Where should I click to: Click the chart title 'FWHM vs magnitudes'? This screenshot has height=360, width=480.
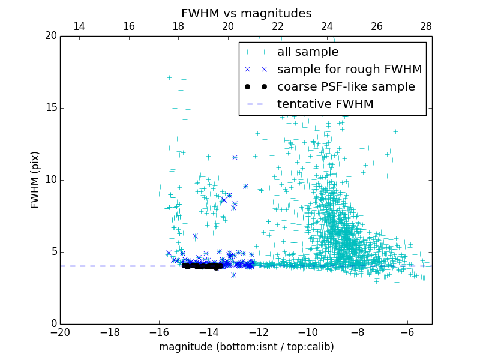(x=246, y=13)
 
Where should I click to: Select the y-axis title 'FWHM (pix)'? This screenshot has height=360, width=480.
(x=35, y=180)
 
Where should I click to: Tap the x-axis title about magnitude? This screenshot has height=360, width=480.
(x=246, y=347)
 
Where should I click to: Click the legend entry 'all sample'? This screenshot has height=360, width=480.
(x=308, y=52)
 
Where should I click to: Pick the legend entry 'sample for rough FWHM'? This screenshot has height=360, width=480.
(x=349, y=70)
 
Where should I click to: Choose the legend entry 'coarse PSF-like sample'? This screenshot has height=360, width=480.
(x=346, y=87)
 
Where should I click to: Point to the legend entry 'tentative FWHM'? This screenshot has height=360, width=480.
(x=325, y=104)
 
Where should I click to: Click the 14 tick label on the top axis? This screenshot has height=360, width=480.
(x=79, y=27)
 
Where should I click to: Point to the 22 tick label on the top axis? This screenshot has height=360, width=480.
(x=277, y=27)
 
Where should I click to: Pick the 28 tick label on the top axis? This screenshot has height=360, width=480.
(x=426, y=27)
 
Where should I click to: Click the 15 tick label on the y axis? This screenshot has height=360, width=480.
(x=50, y=108)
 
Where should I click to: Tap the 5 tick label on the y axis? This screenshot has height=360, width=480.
(x=53, y=252)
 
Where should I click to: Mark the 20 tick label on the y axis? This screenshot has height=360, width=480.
(x=50, y=36)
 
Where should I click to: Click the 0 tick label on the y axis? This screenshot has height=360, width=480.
(x=53, y=324)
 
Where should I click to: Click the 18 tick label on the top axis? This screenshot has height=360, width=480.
(x=178, y=27)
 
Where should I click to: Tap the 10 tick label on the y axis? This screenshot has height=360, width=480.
(x=50, y=180)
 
